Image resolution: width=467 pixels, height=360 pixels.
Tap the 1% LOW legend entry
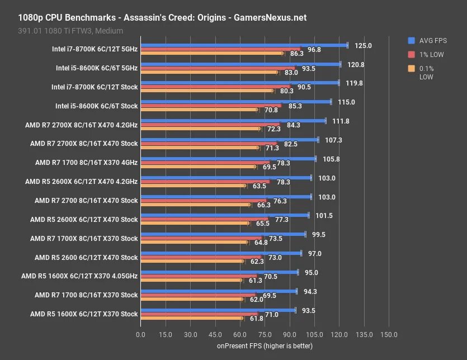coord(430,54)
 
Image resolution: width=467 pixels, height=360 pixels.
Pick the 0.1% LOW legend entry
coord(426,73)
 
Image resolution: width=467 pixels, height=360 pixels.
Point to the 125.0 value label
coord(364,45)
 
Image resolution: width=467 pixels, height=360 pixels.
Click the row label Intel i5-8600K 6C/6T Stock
coord(96,106)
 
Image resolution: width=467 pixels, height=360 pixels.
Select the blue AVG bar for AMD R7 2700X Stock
coord(229,140)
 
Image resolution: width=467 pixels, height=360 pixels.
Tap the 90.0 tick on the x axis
coord(289,334)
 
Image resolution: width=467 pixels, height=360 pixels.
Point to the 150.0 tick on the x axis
coord(389,334)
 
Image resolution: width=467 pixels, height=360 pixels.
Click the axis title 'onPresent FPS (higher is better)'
coord(265,346)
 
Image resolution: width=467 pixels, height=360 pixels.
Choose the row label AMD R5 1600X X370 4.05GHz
coord(79,276)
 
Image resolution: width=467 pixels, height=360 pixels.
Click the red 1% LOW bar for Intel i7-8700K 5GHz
coord(220,49)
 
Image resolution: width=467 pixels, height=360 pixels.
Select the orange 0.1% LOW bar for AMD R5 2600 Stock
coord(192,261)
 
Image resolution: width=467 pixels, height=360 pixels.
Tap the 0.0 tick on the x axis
coord(140,334)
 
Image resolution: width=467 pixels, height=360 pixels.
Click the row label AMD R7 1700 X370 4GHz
coord(86,163)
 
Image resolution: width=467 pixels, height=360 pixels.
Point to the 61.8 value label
coord(257,318)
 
